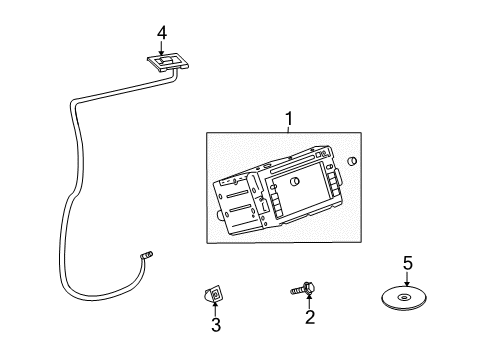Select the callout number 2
coord(310,317)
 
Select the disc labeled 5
coord(404,298)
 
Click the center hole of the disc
coord(404,297)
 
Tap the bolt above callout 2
coord(304,290)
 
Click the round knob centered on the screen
coord(298,182)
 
